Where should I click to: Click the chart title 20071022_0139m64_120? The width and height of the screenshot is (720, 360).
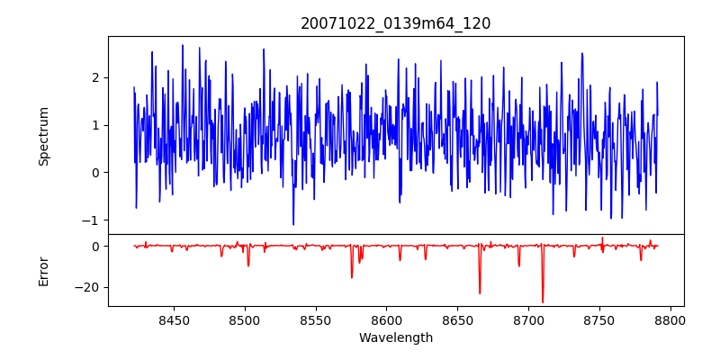[x=395, y=23]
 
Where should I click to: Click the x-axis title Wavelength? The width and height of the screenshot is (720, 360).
[x=395, y=337]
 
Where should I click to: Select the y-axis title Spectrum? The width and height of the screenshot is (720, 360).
[x=43, y=136]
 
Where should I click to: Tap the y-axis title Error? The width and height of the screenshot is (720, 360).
[x=43, y=271]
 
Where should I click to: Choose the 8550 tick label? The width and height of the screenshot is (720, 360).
[x=315, y=319]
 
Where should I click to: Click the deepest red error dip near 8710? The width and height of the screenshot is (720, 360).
[x=543, y=301]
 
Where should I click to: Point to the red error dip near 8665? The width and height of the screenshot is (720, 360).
[x=480, y=292]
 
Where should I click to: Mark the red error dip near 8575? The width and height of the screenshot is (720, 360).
[x=352, y=276]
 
